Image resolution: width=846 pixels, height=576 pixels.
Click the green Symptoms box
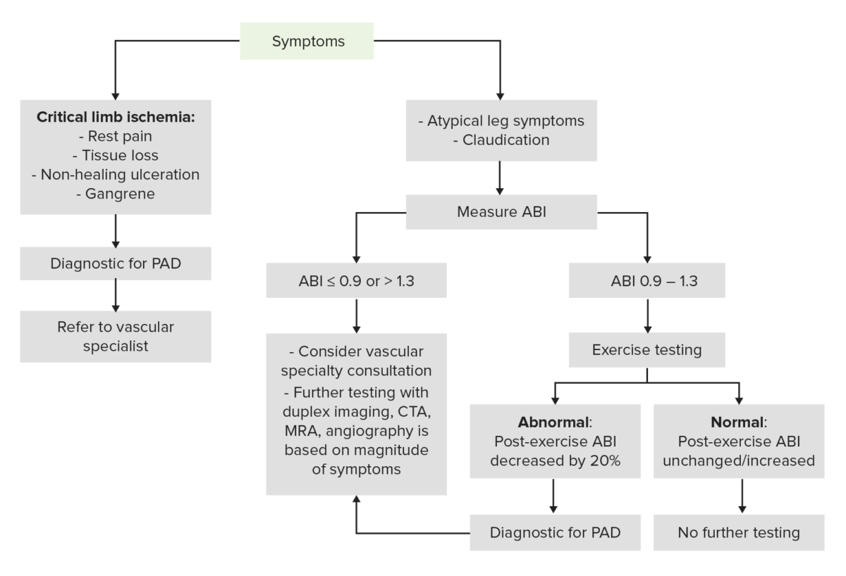pos(308,41)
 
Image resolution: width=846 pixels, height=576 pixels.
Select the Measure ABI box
pos(501,211)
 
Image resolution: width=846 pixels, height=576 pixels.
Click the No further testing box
pos(738,532)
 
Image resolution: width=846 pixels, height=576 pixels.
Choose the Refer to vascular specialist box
pos(115,337)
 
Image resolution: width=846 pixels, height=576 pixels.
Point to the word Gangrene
pos(116,192)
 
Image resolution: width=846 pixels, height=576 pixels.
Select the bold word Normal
pos(737,425)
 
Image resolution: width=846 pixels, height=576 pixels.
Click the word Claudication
pos(505,139)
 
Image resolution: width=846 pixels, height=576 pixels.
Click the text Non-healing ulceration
pos(116,173)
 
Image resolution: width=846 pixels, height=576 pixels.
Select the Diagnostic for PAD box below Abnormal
pos(555,532)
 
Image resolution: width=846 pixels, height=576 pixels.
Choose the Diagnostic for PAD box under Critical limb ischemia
pos(115,263)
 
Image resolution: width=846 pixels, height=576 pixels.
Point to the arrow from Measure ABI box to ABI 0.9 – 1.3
pos(648,239)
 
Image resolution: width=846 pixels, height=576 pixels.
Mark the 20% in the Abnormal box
pos(607,461)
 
